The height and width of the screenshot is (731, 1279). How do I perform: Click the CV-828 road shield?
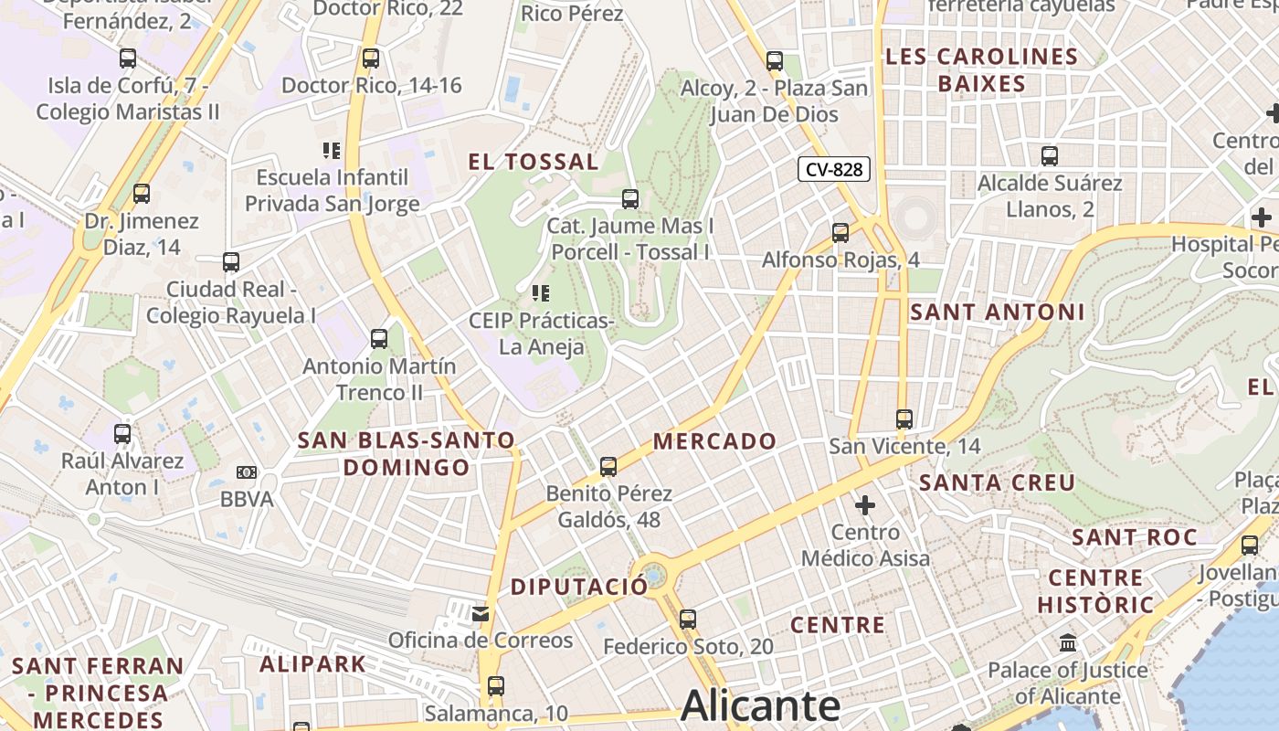pos(833,169)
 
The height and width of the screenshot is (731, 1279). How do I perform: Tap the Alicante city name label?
pos(760,706)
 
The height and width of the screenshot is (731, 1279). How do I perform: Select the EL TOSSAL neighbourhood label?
pos(534,162)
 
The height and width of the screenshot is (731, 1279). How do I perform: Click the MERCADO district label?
pos(714,441)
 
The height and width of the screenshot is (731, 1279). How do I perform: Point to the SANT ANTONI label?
pos(998,312)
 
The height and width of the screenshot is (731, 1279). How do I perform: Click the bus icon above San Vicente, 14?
pos(904,419)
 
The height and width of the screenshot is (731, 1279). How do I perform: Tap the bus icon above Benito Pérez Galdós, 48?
pos(608,467)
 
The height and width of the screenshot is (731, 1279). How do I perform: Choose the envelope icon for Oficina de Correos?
pos(481,613)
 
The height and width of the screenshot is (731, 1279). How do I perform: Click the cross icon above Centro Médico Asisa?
pos(864,504)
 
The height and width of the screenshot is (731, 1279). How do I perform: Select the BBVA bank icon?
pos(247,472)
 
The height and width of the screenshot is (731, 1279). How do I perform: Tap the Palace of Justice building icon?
pos(1068,643)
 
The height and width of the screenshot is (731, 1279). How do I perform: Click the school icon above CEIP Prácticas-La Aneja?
pos(541,293)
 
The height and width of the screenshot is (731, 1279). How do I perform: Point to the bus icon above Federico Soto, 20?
pos(688,620)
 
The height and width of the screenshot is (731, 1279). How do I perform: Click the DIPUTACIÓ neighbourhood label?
pos(579,587)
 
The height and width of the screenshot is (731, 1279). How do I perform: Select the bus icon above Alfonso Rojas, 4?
pos(840,233)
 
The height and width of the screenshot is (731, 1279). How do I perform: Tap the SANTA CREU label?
pos(997,482)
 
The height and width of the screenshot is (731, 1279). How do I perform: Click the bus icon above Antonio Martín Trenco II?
pos(379,339)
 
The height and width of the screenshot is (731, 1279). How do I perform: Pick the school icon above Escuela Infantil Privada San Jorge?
pos(332,150)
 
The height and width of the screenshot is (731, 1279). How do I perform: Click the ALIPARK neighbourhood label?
pos(312,663)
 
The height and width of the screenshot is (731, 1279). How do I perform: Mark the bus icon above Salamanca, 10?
pos(496,685)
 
